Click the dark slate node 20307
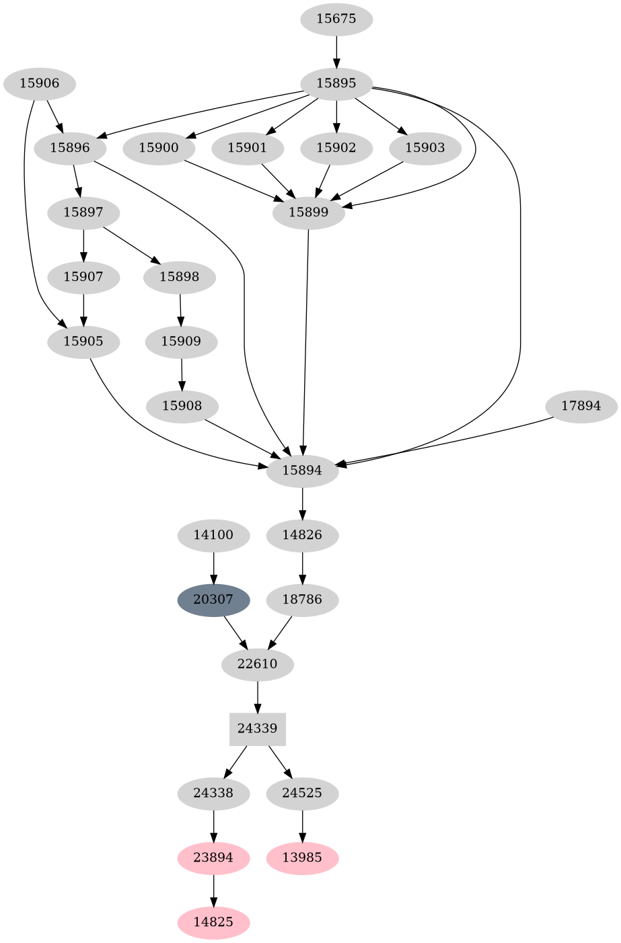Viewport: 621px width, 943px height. [x=213, y=600]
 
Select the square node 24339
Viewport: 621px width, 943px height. [x=258, y=729]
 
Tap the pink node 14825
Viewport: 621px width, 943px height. [x=213, y=922]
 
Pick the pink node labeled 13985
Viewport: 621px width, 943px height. [x=302, y=858]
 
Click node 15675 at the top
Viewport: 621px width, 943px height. [x=336, y=19]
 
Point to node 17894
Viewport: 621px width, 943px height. [x=581, y=406]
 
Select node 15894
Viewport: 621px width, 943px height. [x=302, y=470]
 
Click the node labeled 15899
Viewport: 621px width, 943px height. [x=309, y=212]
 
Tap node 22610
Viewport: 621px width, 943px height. [x=258, y=664]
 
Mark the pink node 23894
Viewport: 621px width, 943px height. [x=213, y=858]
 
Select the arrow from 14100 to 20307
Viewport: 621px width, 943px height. [x=213, y=567]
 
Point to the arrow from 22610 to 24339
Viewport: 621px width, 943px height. [x=258, y=696]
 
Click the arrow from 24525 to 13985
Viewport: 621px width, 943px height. [x=302, y=825]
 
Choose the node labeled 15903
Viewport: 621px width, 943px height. [x=425, y=148]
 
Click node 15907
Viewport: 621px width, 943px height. [x=83, y=277]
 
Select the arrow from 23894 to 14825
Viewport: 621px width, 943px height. [x=213, y=890]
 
